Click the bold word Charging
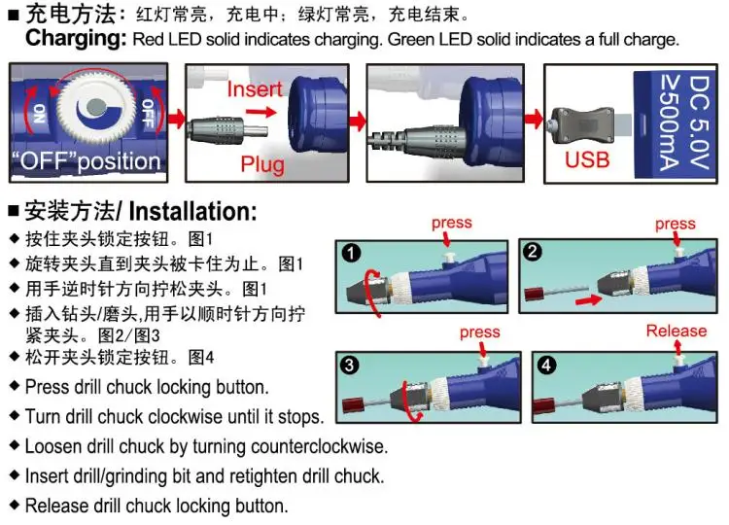[x=76, y=39]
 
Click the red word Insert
[x=255, y=88]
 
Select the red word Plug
[x=262, y=164]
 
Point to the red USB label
[x=587, y=160]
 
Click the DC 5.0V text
[x=699, y=122]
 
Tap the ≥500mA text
[x=670, y=122]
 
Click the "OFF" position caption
[x=86, y=161]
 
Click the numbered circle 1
[x=351, y=254]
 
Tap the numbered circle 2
[x=533, y=252]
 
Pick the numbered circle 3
[x=349, y=365]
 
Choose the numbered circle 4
[x=546, y=365]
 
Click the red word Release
[x=677, y=331]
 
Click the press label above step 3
[x=480, y=332]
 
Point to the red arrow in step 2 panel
[x=588, y=300]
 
